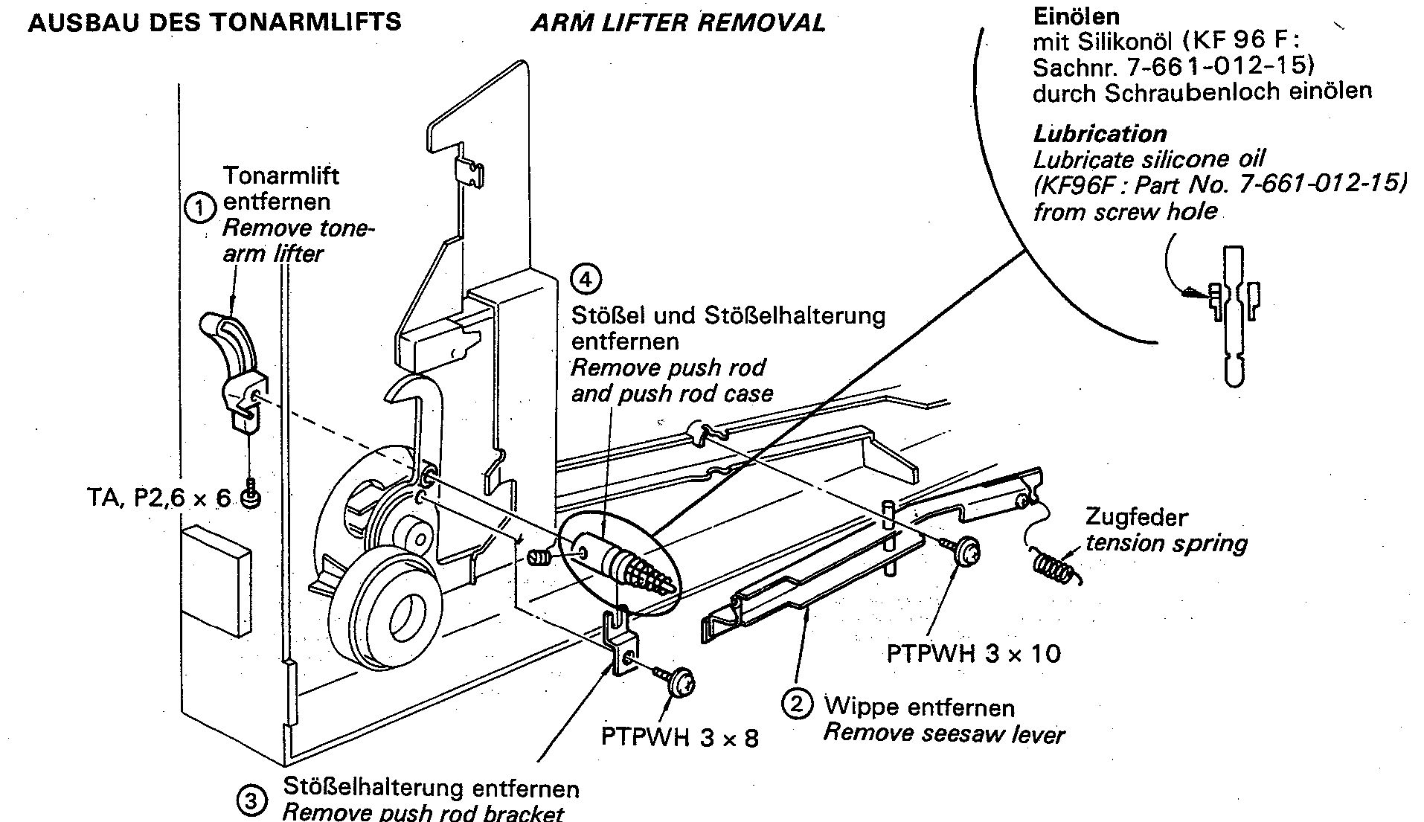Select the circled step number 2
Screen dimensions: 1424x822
coord(796,704)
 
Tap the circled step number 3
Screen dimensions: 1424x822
coord(251,800)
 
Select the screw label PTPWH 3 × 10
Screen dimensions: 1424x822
coord(974,653)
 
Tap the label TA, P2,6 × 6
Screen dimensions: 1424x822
coord(159,497)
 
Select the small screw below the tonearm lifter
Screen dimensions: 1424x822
coord(251,493)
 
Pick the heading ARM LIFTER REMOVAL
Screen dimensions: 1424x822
coord(678,22)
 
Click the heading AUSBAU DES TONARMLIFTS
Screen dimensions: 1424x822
coord(214,22)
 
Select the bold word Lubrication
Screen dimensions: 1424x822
coord(1100,134)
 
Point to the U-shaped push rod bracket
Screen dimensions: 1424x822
coord(622,640)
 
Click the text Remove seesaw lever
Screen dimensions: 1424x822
coord(943,733)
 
